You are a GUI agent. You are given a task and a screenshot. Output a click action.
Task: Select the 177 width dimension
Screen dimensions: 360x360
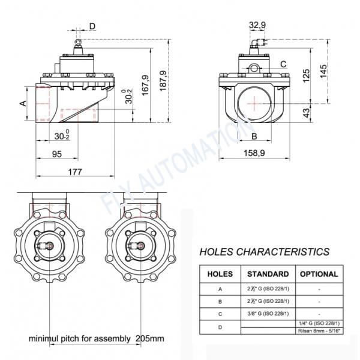[x=74, y=172]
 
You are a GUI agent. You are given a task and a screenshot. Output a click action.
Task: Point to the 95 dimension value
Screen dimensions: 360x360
[x=57, y=154]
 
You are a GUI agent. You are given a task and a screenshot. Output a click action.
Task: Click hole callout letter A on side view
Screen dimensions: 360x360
[x=23, y=103]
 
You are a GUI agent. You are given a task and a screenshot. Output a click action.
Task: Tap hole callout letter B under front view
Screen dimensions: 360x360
[x=254, y=136]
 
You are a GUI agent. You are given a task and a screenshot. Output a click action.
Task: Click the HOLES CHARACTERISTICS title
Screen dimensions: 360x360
[x=263, y=251]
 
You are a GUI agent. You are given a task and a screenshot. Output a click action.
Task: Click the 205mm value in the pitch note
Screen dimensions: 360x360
[x=149, y=338]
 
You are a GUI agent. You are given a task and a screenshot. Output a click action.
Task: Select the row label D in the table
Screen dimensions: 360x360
[x=220, y=328]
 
